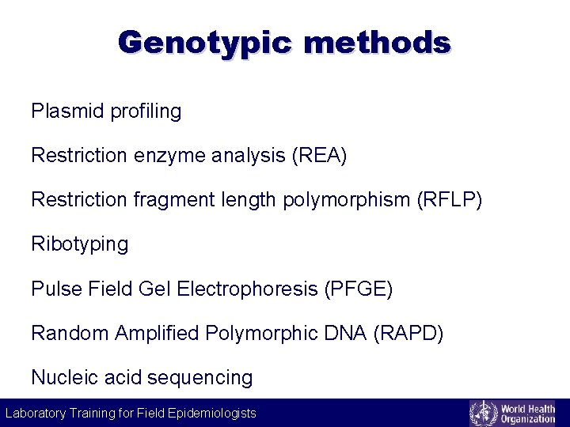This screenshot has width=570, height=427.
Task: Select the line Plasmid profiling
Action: (106, 111)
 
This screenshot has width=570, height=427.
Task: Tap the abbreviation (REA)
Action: (319, 156)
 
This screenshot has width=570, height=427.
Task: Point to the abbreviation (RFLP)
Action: (449, 200)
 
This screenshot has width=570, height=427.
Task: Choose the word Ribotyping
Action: (79, 244)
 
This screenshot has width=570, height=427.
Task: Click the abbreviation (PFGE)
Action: (359, 289)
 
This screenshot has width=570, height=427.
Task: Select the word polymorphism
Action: (343, 200)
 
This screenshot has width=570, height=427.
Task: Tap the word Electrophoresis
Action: (248, 289)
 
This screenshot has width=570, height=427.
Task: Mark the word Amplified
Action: (157, 333)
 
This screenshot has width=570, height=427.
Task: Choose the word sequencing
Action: (200, 378)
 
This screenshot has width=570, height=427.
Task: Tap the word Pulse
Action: (55, 289)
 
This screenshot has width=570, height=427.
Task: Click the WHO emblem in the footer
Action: (483, 413)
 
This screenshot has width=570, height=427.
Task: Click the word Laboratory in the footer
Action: (35, 413)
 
